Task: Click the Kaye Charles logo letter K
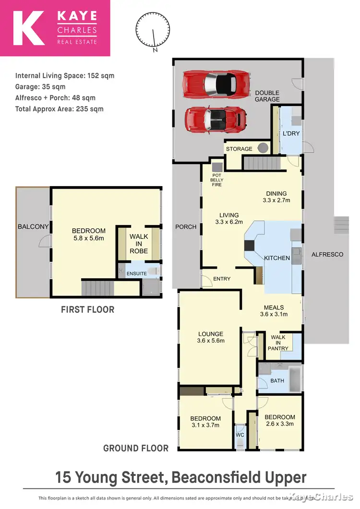click(x=30, y=28)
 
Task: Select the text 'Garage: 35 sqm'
click(x=40, y=87)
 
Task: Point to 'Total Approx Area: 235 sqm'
click(x=59, y=109)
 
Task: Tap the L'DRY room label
click(x=291, y=133)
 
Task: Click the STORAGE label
click(x=239, y=149)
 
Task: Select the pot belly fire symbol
click(x=217, y=167)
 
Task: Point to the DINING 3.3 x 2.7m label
click(x=276, y=197)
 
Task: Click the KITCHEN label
click(x=277, y=258)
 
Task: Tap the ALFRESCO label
click(x=327, y=254)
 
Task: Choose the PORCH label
click(x=186, y=226)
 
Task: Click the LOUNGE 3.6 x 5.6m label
click(x=211, y=337)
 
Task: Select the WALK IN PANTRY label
click(x=278, y=343)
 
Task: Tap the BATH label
click(x=277, y=381)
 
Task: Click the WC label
click(x=240, y=435)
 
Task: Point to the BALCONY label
click(x=33, y=226)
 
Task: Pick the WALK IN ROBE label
click(x=139, y=244)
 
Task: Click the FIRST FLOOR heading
click(x=87, y=309)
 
